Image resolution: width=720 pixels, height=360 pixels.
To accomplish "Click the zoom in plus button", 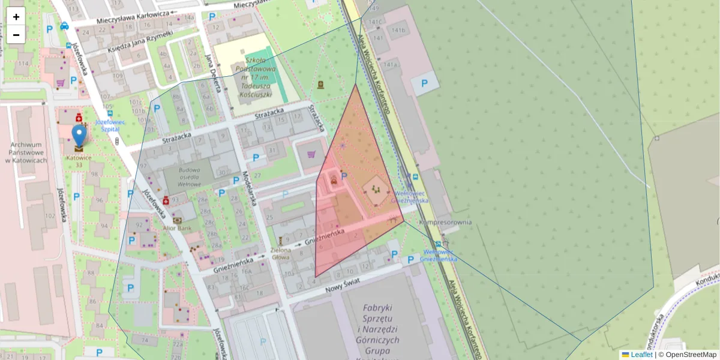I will [16, 17].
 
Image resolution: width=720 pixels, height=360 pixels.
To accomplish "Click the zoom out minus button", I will [16, 35].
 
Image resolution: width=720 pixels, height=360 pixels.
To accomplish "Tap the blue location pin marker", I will [79, 136].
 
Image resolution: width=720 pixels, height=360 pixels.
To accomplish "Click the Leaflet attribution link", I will [641, 355].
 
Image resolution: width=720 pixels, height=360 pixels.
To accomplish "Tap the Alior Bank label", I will [177, 229].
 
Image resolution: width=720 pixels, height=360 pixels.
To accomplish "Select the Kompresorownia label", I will [445, 223].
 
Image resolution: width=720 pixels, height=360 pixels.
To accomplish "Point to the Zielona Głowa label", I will [281, 253].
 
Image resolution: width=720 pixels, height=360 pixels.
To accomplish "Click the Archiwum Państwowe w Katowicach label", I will [26, 152].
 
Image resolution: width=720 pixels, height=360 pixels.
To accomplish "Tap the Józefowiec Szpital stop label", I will [110, 125].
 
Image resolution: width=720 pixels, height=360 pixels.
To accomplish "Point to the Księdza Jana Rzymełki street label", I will [140, 40].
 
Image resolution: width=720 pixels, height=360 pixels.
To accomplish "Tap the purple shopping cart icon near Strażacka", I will [311, 155].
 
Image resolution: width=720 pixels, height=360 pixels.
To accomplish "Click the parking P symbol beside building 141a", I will [424, 84].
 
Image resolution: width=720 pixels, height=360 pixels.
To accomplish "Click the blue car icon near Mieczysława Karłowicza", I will [64, 26].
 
